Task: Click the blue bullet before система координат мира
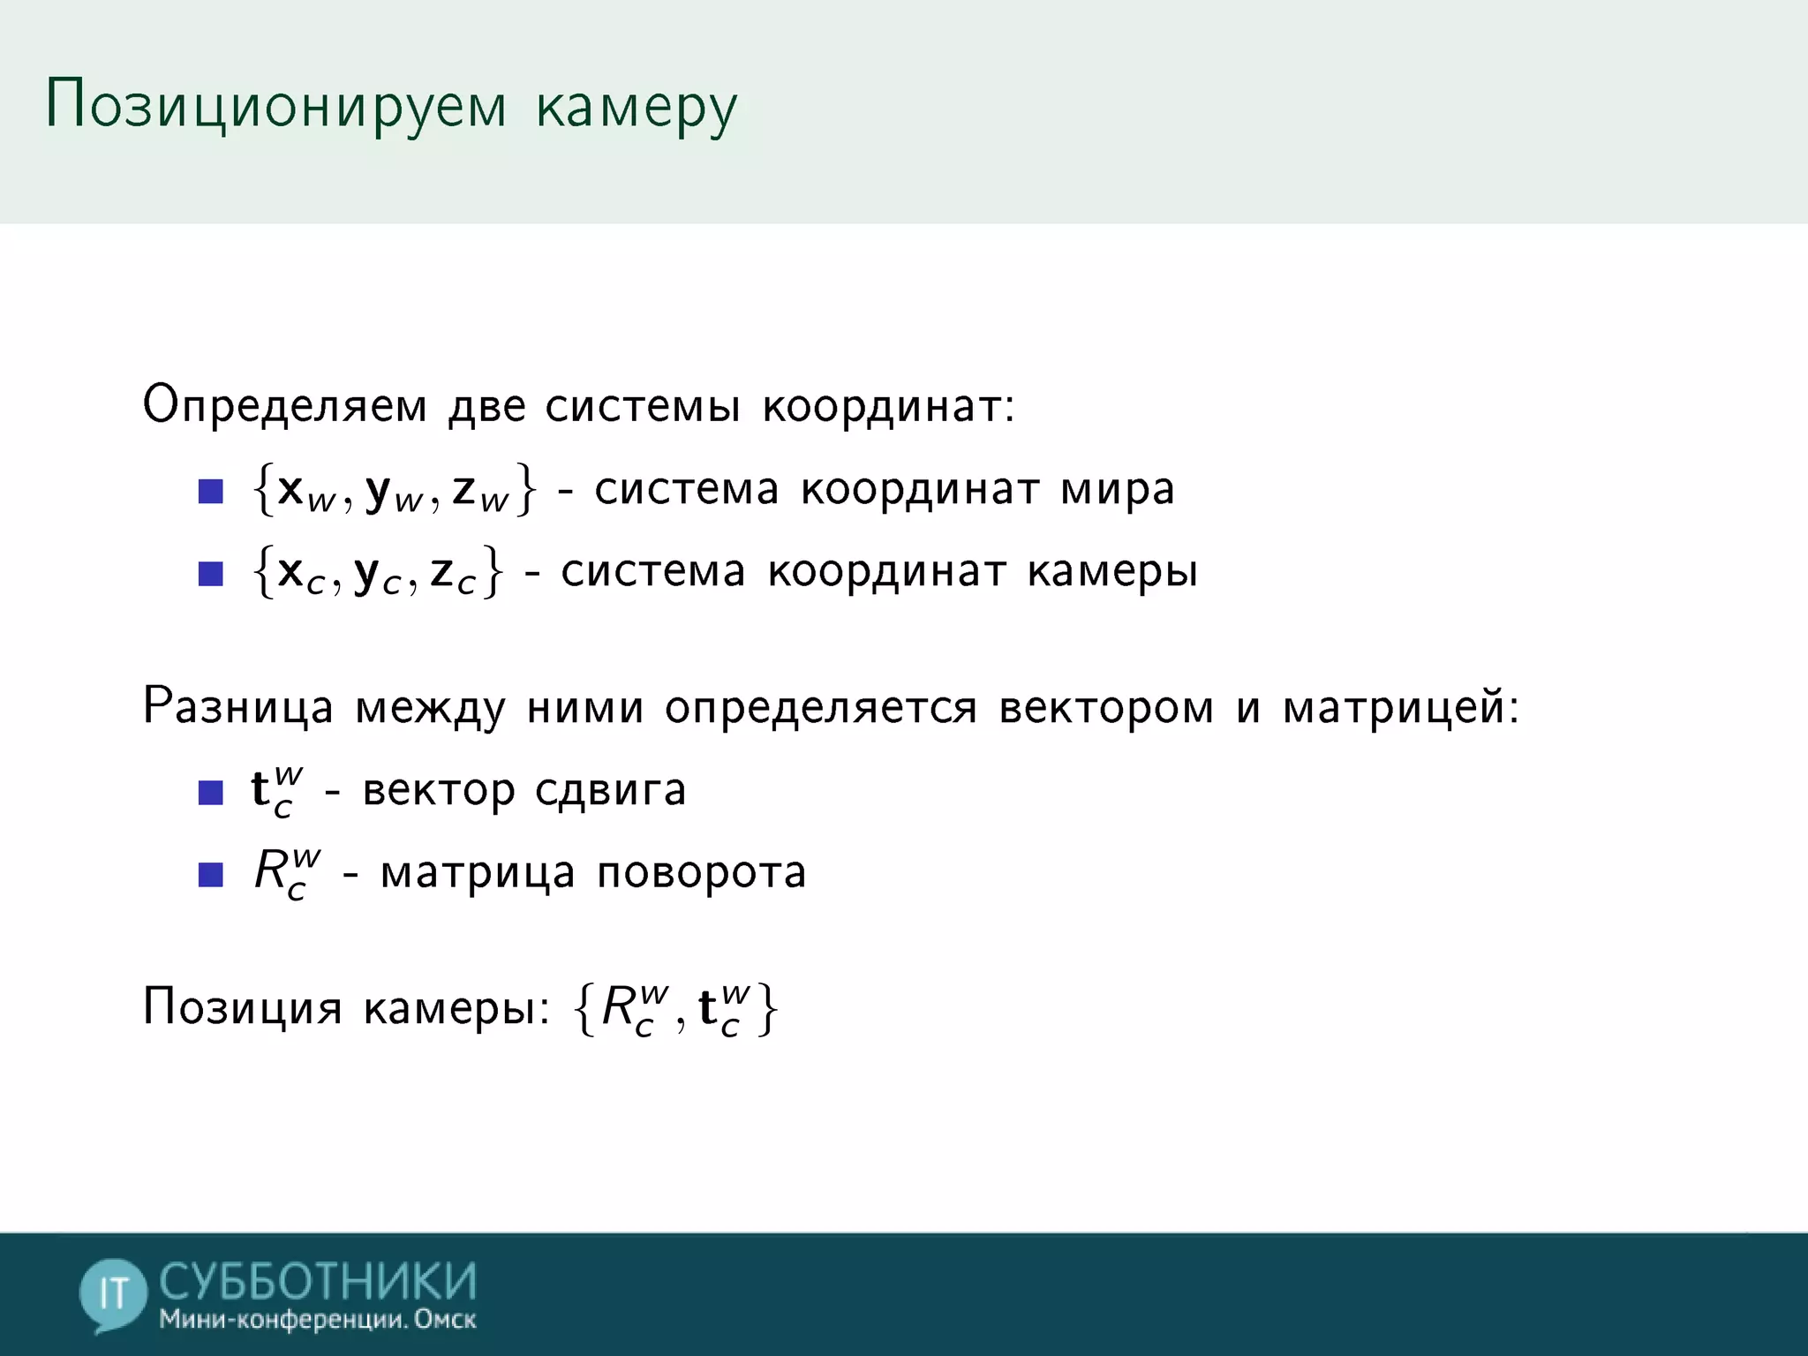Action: pos(211,492)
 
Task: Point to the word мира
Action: pos(1118,490)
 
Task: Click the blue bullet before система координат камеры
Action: pos(211,574)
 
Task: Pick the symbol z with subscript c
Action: pos(453,574)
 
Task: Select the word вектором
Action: pos(1106,708)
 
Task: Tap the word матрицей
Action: pos(1399,708)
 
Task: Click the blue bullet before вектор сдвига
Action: pos(211,792)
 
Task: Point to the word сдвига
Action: pos(610,790)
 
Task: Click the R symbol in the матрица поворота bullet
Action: pos(272,871)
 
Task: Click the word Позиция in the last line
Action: pos(242,1007)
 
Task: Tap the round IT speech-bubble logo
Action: pos(113,1294)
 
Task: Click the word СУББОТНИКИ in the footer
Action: pos(318,1282)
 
